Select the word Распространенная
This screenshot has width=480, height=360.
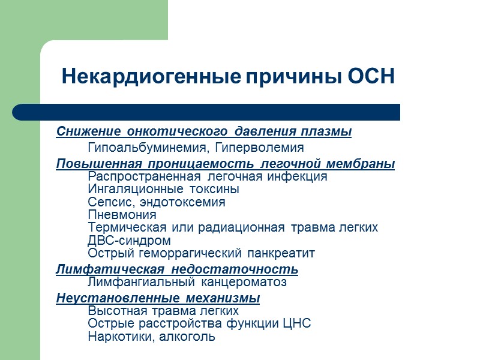pos(144,176)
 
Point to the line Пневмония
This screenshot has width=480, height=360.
pos(122,215)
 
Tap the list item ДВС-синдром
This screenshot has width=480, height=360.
pos(129,241)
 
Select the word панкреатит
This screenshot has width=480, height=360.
pos(284,253)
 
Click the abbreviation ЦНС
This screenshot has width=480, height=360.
pos(297,324)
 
